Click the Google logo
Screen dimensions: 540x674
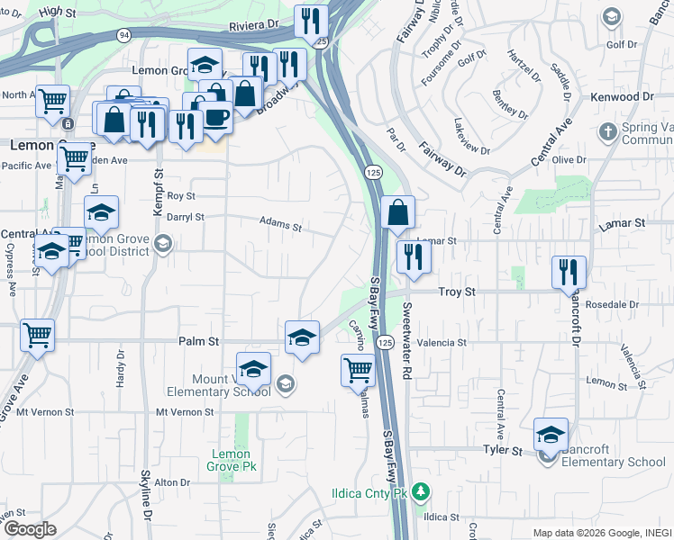(x=29, y=529)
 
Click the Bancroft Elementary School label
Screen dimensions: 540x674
(x=614, y=463)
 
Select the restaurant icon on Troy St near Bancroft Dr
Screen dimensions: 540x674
(x=569, y=270)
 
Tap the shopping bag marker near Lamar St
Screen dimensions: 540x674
(x=397, y=214)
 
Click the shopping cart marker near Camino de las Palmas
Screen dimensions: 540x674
(x=358, y=368)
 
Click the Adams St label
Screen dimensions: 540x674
(x=279, y=222)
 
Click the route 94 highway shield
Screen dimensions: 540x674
(x=123, y=33)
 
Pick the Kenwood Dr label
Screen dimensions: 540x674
(x=622, y=96)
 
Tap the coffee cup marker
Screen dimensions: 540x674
(x=216, y=117)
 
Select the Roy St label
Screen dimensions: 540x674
(x=181, y=195)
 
